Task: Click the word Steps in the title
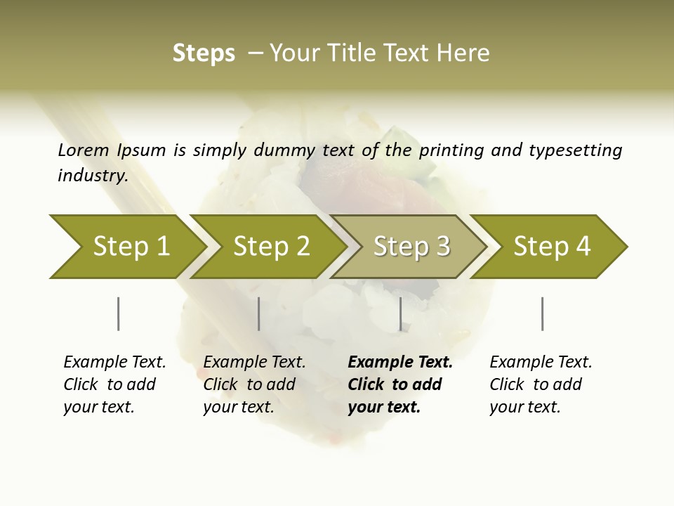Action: tap(204, 53)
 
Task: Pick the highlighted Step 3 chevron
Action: tap(411, 247)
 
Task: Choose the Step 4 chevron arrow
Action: tap(552, 247)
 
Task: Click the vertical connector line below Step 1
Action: tap(118, 313)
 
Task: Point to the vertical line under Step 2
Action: tap(259, 313)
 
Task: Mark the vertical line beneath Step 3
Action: tap(400, 313)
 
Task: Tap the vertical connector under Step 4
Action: tap(542, 313)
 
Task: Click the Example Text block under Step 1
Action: tap(114, 384)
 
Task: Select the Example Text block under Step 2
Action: tap(254, 384)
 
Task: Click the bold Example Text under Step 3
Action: tap(400, 384)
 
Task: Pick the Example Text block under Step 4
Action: tap(541, 384)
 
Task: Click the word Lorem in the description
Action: tap(84, 150)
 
